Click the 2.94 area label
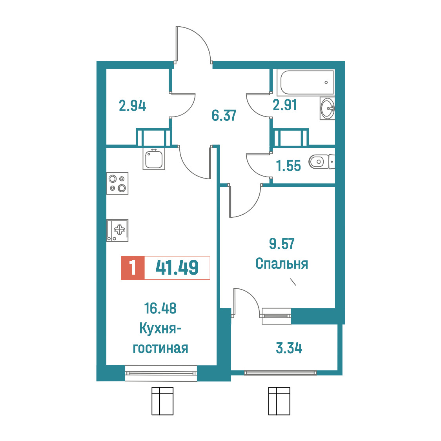coord(132,106)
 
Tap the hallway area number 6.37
coord(224,115)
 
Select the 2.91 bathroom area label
coord(284,105)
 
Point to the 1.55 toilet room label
coord(288,166)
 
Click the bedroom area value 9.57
coord(282,244)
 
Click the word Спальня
coord(282,264)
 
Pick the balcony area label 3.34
coord(289,348)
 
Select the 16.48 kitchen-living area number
coord(160,308)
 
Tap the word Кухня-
coord(160,328)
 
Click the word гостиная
coord(160,348)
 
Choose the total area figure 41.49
coord(177,268)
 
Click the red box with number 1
coord(133,268)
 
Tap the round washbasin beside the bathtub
coord(327,108)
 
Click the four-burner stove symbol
coord(117,183)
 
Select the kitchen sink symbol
coord(154,159)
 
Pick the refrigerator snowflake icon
coord(119,230)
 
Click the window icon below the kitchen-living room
coord(162,401)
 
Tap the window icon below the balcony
coord(279,401)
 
